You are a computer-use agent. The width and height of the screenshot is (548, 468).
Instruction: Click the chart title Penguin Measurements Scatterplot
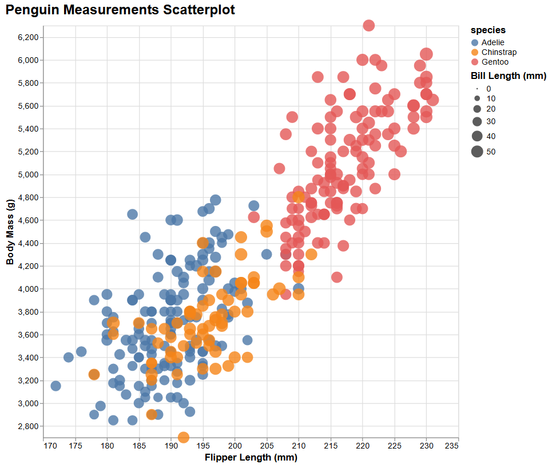pyautogui.click(x=120, y=10)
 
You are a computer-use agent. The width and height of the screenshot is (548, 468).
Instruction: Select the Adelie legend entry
pyautogui.click(x=493, y=42)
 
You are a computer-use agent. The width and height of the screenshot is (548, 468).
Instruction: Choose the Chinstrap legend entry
pyautogui.click(x=499, y=52)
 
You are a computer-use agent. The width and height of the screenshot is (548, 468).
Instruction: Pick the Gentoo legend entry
pyautogui.click(x=495, y=62)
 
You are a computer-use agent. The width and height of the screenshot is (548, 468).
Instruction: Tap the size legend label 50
pyautogui.click(x=491, y=152)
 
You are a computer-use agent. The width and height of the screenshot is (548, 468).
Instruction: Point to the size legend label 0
pyautogui.click(x=489, y=89)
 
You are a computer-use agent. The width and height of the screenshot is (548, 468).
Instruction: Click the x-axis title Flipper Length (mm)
pyautogui.click(x=251, y=458)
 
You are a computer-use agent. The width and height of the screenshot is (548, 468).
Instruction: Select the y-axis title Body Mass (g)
pyautogui.click(x=10, y=232)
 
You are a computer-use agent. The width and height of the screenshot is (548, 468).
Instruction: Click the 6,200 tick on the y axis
pyautogui.click(x=26, y=37)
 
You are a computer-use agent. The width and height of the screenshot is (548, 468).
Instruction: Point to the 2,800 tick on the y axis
pyautogui.click(x=26, y=426)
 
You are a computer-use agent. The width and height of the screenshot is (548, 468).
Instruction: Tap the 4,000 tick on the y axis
pyautogui.click(x=26, y=289)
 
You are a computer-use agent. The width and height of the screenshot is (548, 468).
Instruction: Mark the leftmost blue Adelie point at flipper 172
pyautogui.click(x=55, y=386)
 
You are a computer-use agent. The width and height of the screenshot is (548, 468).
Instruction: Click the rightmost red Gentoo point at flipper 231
pyautogui.click(x=432, y=100)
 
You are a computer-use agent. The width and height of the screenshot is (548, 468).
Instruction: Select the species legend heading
pyautogui.click(x=488, y=30)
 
